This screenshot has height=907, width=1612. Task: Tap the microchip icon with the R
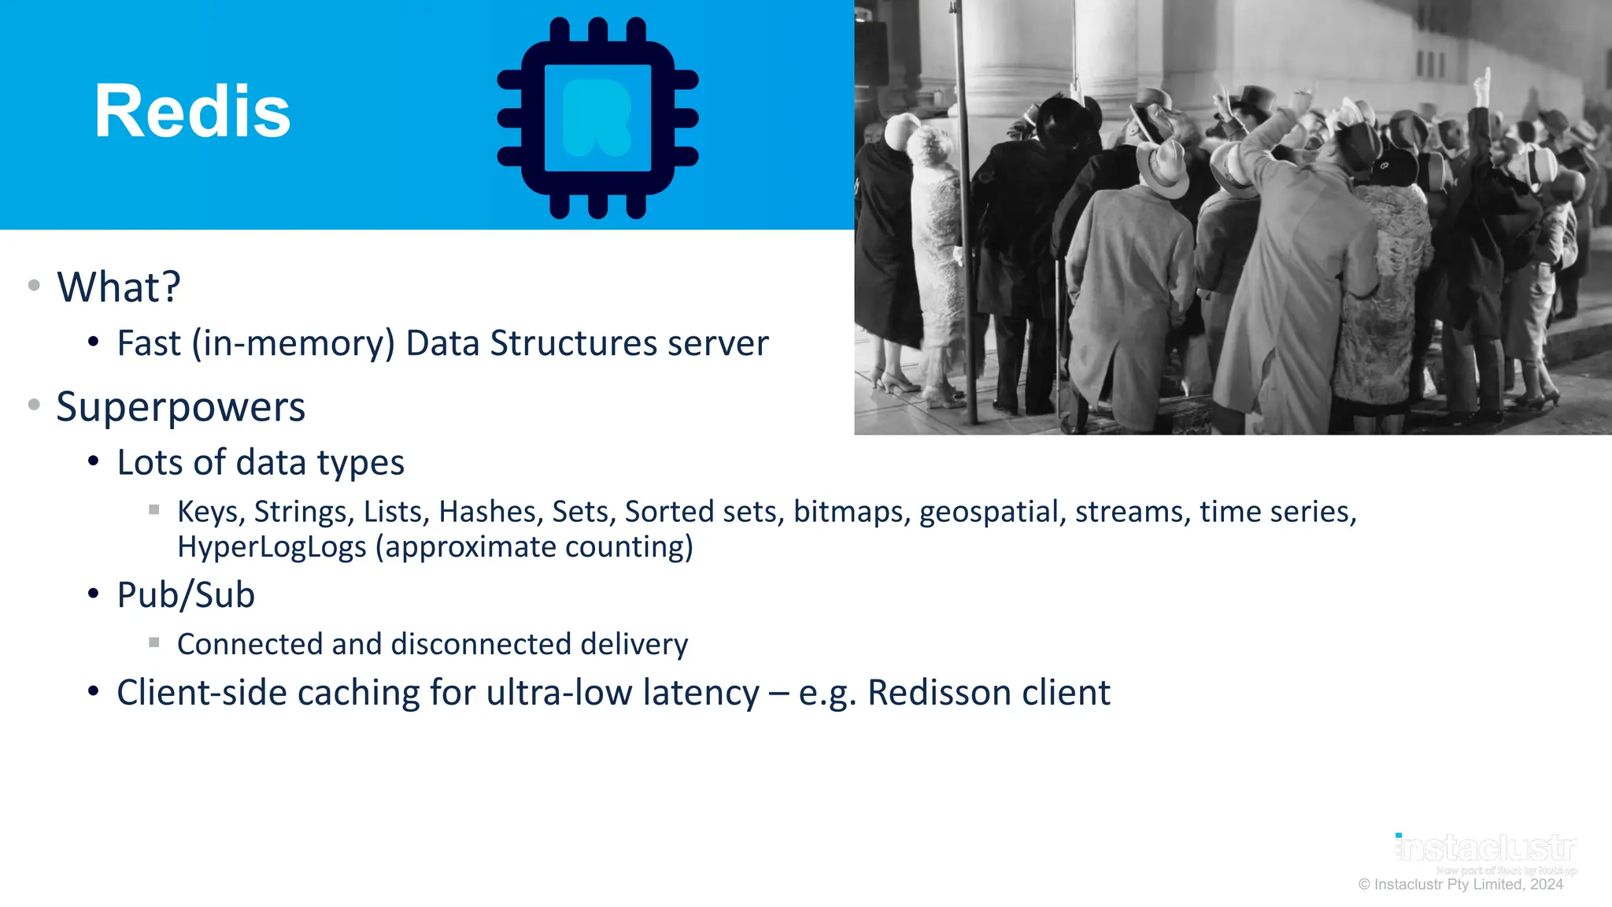point(597,117)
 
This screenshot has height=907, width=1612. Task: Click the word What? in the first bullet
point(119,287)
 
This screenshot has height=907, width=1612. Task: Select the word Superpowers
point(180,407)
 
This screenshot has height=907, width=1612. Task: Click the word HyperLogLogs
point(272,547)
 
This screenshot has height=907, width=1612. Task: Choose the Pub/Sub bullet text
point(186,595)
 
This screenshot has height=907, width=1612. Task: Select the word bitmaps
point(852,512)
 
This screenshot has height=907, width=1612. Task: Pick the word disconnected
point(480,644)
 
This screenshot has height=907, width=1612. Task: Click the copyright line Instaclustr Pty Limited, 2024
point(1461,884)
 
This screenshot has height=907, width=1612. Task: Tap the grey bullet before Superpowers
point(34,405)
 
